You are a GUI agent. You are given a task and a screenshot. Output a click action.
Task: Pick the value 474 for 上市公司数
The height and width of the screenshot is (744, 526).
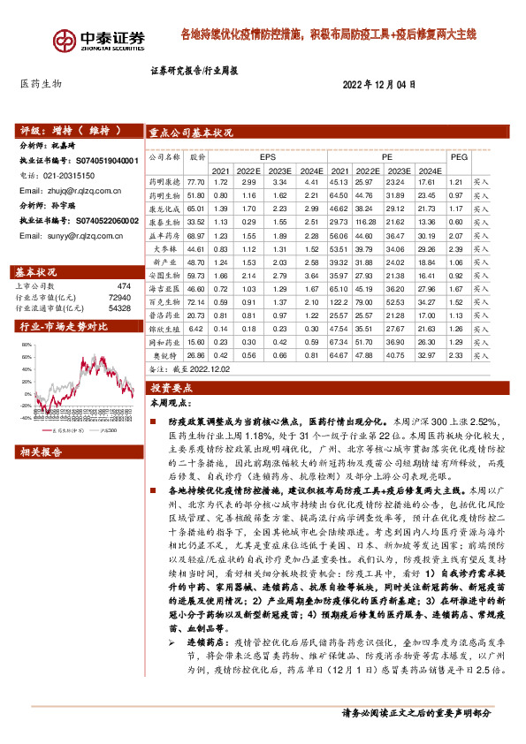click(x=124, y=286)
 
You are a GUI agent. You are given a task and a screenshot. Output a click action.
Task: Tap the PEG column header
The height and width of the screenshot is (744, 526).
click(x=459, y=156)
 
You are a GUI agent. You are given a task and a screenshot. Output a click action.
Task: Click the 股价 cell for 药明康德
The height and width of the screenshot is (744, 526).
click(x=196, y=181)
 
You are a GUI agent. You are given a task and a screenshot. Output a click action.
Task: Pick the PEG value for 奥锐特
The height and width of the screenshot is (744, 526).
click(x=457, y=354)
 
